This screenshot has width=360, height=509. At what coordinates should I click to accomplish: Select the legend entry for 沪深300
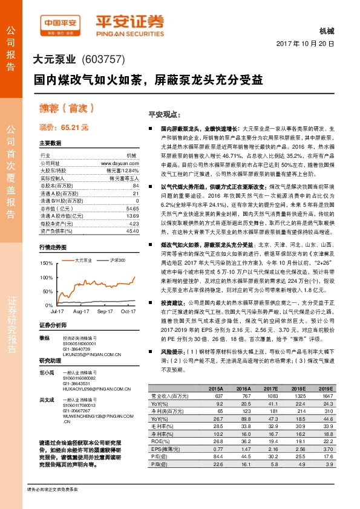coord(117,260)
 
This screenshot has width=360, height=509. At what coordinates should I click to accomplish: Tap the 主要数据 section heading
coord(51,143)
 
